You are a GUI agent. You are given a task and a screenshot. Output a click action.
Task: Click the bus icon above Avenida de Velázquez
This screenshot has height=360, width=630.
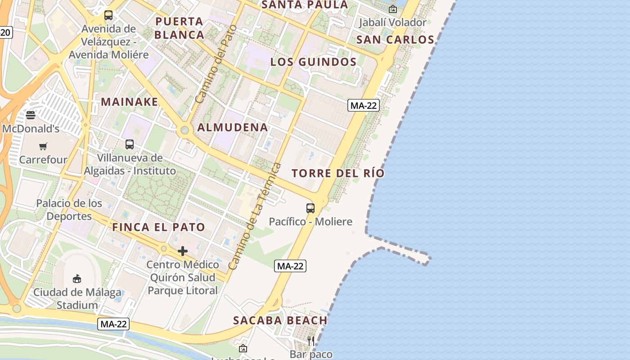[x=108, y=15]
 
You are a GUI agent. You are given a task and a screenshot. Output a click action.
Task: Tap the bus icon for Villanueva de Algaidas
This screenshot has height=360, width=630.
[x=130, y=144]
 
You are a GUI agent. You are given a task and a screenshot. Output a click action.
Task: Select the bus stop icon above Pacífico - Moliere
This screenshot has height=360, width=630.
[x=310, y=208]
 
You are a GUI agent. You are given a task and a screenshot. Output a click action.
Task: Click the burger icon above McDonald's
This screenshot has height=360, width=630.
[x=31, y=115]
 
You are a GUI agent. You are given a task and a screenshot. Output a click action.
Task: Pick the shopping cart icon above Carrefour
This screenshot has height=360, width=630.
[x=43, y=146]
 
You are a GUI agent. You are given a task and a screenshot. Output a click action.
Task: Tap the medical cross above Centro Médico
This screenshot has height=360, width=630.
[x=183, y=251]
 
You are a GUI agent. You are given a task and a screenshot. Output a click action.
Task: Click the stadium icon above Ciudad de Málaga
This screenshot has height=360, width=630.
[x=77, y=279]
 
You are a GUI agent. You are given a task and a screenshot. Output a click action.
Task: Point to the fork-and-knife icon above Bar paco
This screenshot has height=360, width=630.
[x=310, y=341]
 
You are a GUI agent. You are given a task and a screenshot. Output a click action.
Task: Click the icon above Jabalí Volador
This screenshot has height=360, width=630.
[x=393, y=9]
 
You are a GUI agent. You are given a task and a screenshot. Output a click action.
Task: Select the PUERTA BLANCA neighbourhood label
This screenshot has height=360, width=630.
[x=180, y=28]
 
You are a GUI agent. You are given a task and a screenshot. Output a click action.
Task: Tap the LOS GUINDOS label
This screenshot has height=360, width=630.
[x=313, y=62]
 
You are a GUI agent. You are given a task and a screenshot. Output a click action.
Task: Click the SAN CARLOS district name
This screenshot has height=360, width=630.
[x=395, y=40]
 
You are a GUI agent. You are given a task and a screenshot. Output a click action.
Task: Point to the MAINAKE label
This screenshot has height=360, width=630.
[x=130, y=102]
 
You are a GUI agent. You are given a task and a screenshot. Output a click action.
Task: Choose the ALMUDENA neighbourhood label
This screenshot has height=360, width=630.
[x=233, y=127]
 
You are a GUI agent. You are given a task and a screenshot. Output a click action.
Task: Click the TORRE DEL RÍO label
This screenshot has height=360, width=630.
[x=338, y=173]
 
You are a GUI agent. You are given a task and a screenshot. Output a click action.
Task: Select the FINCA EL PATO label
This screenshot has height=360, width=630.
[x=158, y=227]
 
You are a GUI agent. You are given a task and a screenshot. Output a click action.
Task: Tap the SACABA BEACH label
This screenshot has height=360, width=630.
[x=280, y=320]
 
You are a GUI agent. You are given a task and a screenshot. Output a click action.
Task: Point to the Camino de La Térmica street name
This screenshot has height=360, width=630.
[x=255, y=216]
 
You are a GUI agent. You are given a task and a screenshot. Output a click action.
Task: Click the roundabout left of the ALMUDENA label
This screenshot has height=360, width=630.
[x=184, y=130]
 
